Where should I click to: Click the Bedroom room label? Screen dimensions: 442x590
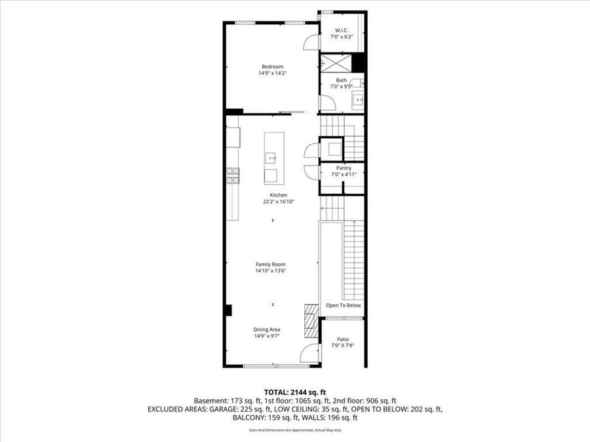click(272, 67)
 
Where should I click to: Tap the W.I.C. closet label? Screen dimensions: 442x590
click(342, 31)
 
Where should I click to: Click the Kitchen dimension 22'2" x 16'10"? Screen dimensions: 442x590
click(279, 202)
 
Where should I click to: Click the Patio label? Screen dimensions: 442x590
click(343, 339)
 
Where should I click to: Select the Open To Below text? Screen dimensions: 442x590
click(344, 306)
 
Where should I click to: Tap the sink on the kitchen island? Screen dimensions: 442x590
click(271, 158)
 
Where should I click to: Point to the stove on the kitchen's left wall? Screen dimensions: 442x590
click(233, 175)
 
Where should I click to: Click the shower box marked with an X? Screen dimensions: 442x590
click(336, 64)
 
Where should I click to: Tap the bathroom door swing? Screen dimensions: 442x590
click(326, 103)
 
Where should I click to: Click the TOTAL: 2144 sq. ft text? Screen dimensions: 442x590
click(294, 390)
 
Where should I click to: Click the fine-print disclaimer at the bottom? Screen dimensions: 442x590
click(294, 430)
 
